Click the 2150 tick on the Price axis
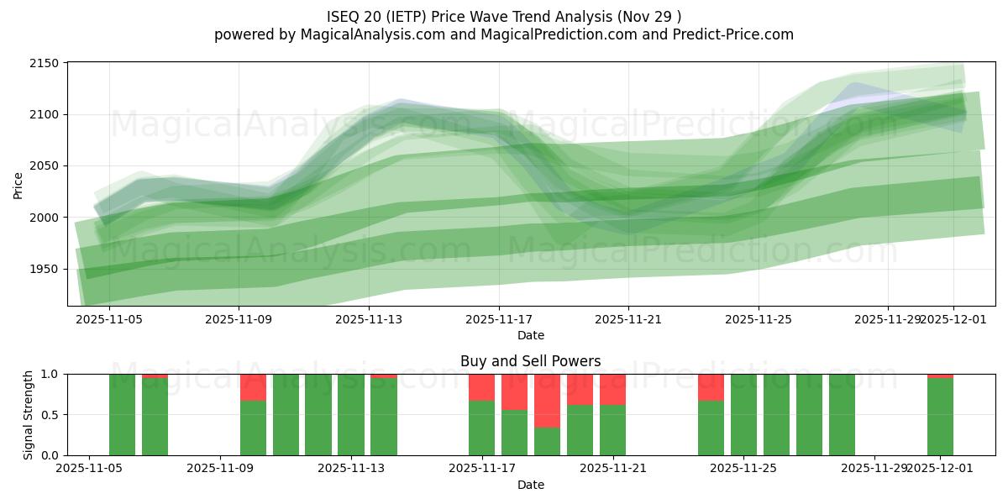tap(47, 63)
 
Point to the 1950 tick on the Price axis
tap(47, 269)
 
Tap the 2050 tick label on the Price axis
tap(47, 165)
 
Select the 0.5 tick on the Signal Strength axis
tap(50, 415)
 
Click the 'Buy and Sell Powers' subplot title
tap(530, 361)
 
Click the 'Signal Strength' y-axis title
tap(29, 415)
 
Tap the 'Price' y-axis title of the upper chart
tap(18, 185)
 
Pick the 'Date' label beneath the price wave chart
tap(530, 335)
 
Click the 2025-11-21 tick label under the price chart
tap(628, 319)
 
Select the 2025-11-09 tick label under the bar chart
tap(220, 468)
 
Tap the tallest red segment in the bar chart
tap(547, 401)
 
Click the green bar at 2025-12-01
tap(940, 417)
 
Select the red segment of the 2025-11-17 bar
tap(481, 387)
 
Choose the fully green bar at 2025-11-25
tap(743, 415)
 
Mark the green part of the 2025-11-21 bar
tap(612, 430)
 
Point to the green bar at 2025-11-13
tap(351, 415)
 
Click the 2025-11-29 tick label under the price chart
tap(887, 319)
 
